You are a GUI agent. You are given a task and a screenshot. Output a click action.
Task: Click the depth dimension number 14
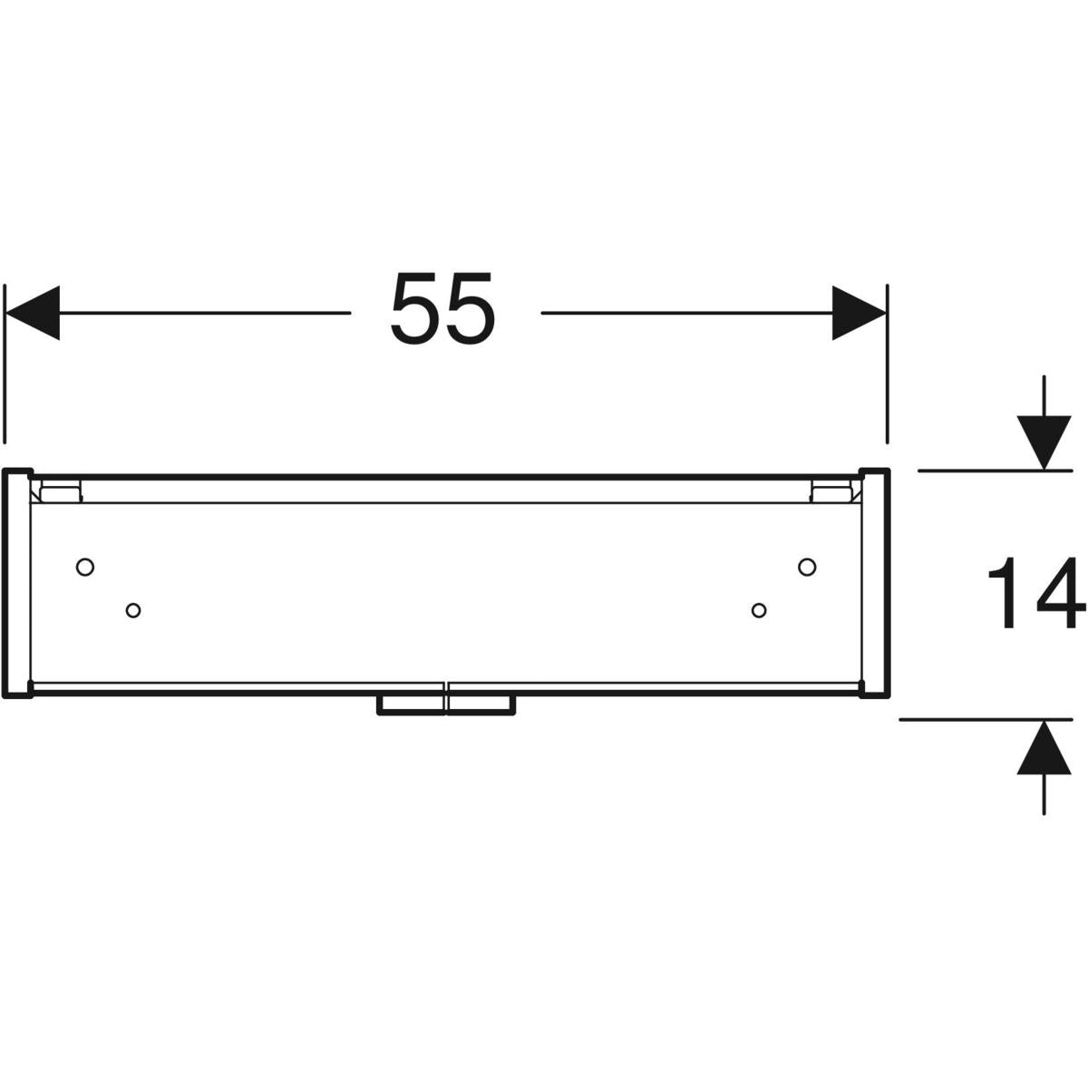[1036, 593]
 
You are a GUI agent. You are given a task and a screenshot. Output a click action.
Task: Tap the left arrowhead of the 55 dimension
[32, 313]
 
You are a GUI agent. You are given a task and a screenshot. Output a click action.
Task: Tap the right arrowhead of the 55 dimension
[859, 313]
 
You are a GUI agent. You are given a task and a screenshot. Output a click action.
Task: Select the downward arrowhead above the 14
[1044, 442]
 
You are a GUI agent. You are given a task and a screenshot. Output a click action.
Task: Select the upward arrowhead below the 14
[1044, 747]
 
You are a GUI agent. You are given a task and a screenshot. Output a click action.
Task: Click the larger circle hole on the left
[85, 567]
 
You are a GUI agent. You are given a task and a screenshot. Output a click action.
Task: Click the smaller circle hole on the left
[133, 610]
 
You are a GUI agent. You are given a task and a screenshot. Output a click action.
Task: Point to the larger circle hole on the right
[807, 567]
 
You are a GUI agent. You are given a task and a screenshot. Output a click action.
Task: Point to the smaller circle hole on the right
[760, 610]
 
